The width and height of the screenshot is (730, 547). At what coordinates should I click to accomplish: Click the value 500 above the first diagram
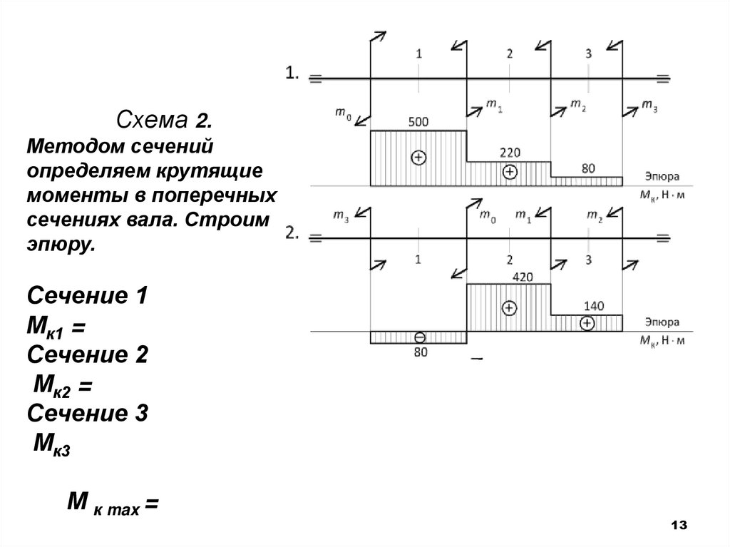pyautogui.click(x=418, y=122)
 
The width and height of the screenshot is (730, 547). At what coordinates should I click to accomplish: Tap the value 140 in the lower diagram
pyautogui.click(x=593, y=306)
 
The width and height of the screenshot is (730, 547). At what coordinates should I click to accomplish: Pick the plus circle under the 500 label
pyautogui.click(x=418, y=158)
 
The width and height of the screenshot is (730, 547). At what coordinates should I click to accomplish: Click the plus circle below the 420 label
pyautogui.click(x=508, y=308)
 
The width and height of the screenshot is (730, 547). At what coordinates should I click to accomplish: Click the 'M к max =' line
pyautogui.click(x=112, y=504)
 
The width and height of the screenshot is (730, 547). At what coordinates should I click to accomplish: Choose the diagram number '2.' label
pyautogui.click(x=293, y=233)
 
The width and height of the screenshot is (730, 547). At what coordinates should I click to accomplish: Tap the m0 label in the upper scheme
pyautogui.click(x=342, y=112)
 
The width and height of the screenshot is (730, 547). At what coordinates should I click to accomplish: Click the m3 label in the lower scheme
pyautogui.click(x=342, y=215)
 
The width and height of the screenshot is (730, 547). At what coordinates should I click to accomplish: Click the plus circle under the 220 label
pyautogui.click(x=509, y=172)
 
